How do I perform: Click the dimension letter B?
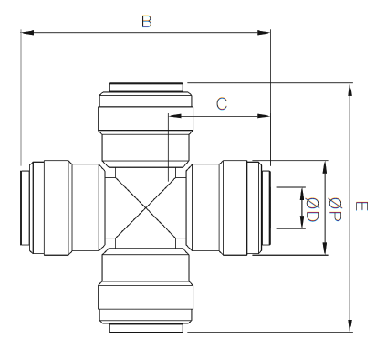pyautogui.click(x=147, y=22)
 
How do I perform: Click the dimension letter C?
pyautogui.click(x=222, y=103)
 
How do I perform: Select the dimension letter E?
pyautogui.click(x=361, y=206)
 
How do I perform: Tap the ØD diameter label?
pyautogui.click(x=312, y=209)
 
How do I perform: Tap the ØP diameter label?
pyautogui.click(x=335, y=209)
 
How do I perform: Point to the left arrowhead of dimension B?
pyautogui.click(x=27, y=32)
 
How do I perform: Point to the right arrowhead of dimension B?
pyautogui.click(x=264, y=32)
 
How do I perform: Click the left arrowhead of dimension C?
pyautogui.click(x=175, y=116)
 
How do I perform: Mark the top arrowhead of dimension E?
pyautogui.click(x=350, y=90)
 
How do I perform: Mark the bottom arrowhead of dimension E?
pyautogui.click(x=350, y=325)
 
